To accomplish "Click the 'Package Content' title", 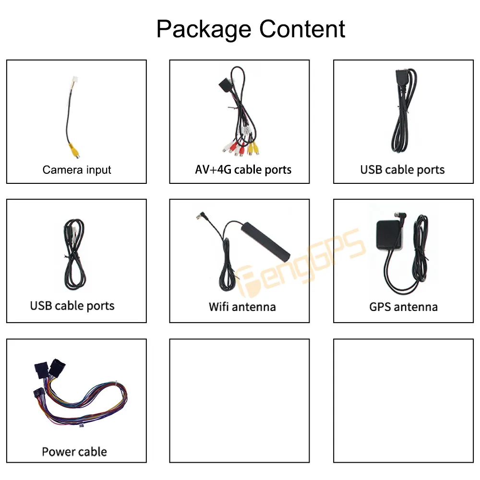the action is [x=251, y=29].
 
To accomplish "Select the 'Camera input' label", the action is [x=77, y=170].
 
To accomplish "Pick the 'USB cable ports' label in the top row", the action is [x=402, y=170].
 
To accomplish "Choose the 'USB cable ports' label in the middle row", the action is [x=72, y=306].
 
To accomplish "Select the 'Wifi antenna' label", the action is [x=242, y=306].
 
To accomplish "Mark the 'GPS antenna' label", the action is [x=403, y=306].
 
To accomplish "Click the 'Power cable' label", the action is [x=74, y=452].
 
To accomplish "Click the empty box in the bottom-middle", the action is [x=240, y=401].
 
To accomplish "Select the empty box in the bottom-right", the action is [x=403, y=401].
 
